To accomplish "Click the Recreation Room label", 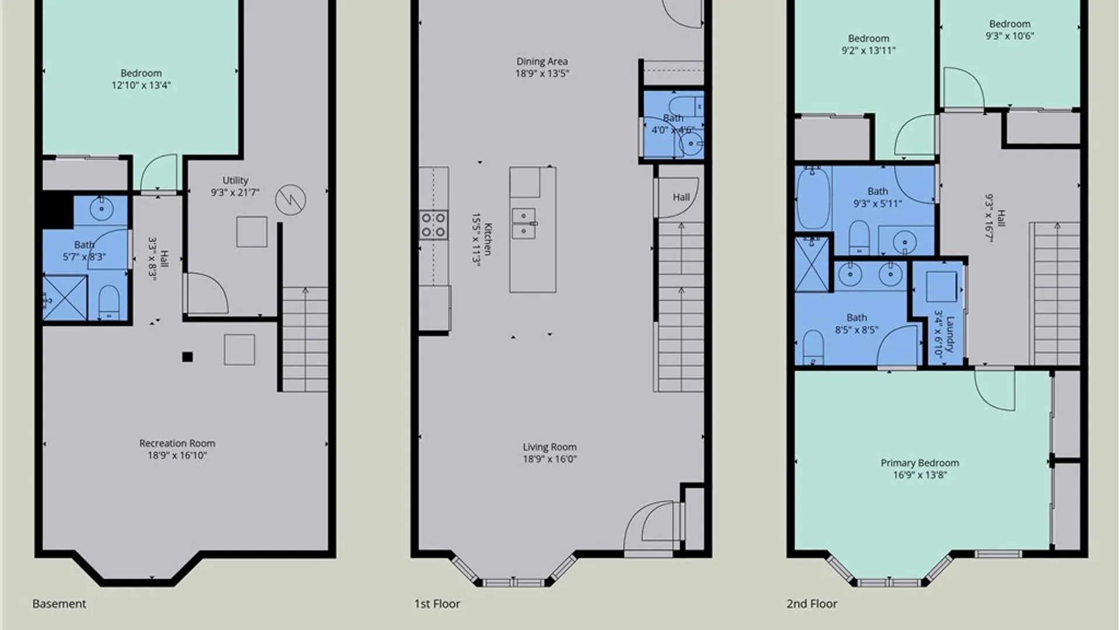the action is click(177, 443).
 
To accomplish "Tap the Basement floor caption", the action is click(59, 604).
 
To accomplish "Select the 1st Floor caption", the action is click(437, 604).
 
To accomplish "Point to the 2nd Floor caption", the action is click(812, 604).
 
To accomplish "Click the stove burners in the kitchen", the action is click(434, 225).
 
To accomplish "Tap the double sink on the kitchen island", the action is click(523, 223).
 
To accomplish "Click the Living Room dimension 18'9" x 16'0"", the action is click(550, 459).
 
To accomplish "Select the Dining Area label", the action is click(542, 61).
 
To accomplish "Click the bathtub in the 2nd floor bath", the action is click(814, 198).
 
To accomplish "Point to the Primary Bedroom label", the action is click(920, 463).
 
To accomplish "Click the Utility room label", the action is click(235, 180).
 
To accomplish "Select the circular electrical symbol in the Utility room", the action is click(290, 199).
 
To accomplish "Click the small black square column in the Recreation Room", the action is click(187, 357).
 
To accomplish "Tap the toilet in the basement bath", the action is click(109, 302).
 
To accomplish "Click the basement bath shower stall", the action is click(65, 298).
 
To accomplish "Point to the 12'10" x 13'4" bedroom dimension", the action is click(141, 85).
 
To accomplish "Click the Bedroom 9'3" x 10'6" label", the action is click(1010, 30).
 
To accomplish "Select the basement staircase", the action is click(305, 339).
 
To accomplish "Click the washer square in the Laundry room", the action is click(941, 286).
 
